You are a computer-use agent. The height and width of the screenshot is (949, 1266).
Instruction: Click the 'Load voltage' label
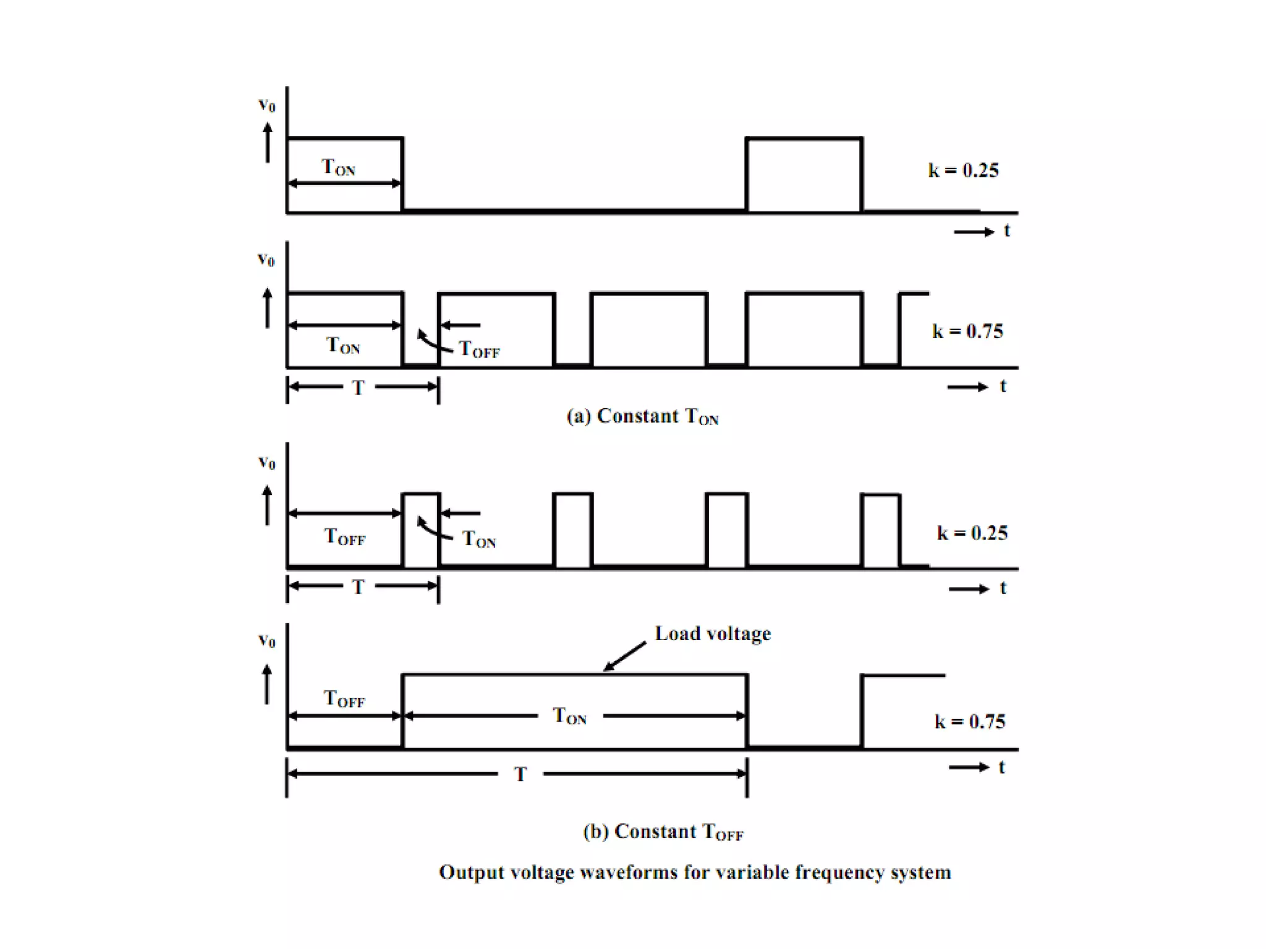tap(712, 634)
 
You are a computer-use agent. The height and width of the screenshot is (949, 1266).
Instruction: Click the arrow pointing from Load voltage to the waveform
tap(624, 656)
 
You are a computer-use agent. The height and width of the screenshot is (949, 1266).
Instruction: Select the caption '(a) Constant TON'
tap(642, 417)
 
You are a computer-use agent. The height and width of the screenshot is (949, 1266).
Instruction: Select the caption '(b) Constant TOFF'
tap(663, 832)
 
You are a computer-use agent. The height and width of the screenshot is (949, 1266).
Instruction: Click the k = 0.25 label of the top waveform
tap(963, 171)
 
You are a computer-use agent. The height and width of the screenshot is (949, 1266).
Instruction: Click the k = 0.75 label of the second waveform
tap(967, 331)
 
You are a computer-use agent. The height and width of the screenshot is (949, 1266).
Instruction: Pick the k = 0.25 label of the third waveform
tap(972, 533)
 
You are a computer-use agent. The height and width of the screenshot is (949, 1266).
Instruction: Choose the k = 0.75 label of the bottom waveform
tap(969, 722)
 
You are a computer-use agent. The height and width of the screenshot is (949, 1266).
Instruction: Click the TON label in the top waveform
tap(338, 167)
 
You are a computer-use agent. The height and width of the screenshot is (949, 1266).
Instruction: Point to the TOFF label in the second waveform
tap(479, 350)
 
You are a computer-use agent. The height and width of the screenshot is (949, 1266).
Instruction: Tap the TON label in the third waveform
tap(479, 539)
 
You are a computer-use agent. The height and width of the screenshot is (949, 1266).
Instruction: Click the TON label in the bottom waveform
tap(569, 717)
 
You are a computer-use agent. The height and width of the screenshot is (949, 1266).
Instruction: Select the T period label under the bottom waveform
tap(520, 774)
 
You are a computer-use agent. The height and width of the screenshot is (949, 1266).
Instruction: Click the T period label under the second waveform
tap(359, 388)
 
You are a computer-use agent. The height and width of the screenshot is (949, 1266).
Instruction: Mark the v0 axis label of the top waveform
tap(266, 105)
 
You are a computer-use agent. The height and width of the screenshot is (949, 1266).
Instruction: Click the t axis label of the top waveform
tap(1007, 231)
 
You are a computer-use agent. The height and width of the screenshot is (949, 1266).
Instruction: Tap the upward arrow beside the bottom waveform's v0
tap(267, 684)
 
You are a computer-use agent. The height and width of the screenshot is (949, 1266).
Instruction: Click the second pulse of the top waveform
tap(804, 175)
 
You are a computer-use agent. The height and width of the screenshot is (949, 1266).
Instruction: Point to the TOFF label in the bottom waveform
tap(344, 699)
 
